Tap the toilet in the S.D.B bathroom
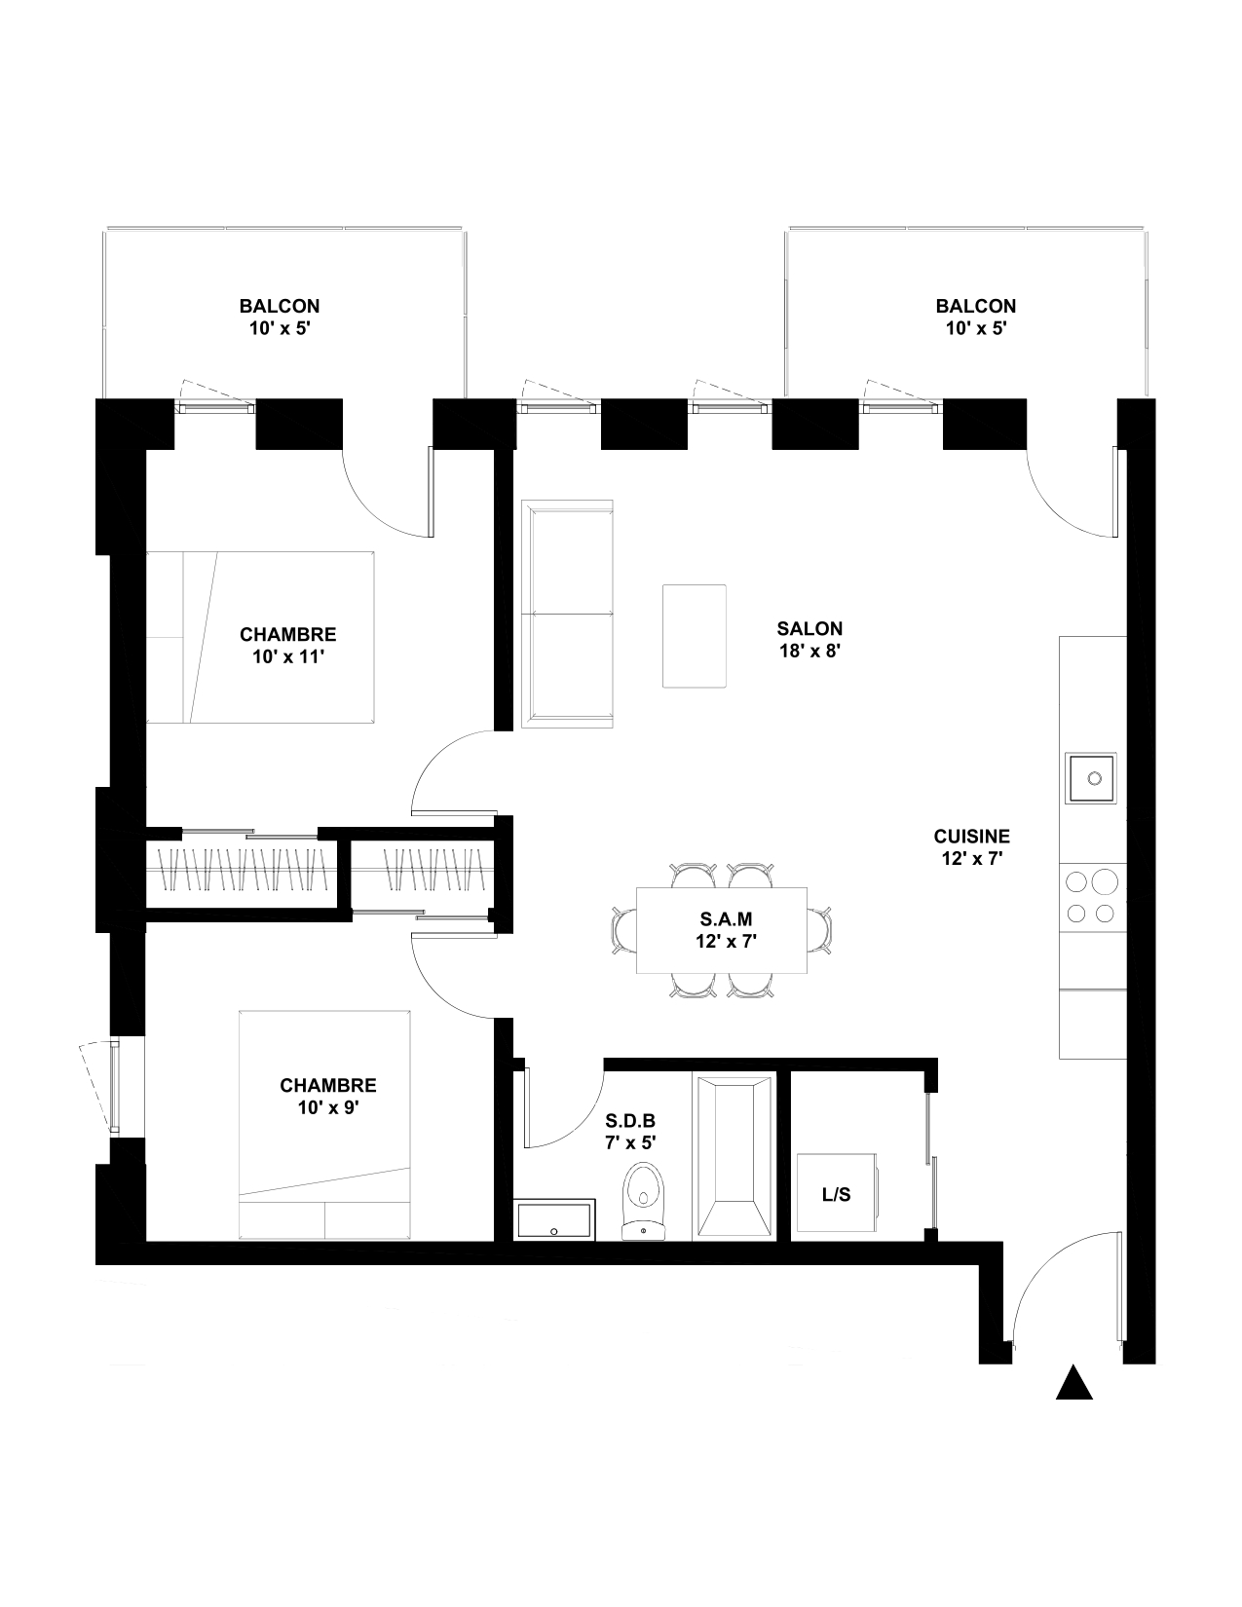tap(644, 1202)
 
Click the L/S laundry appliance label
tap(836, 1194)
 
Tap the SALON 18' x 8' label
tap(809, 640)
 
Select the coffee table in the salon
tap(694, 636)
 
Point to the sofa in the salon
tap(567, 614)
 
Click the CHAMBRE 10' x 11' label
tap(287, 645)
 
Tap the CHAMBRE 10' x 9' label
tap(327, 1096)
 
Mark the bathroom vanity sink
tap(554, 1219)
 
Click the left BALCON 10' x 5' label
tap(279, 317)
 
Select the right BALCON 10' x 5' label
tap(976, 317)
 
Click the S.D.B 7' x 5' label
tap(630, 1132)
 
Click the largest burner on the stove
tap(1105, 882)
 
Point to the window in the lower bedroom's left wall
tap(113, 1086)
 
